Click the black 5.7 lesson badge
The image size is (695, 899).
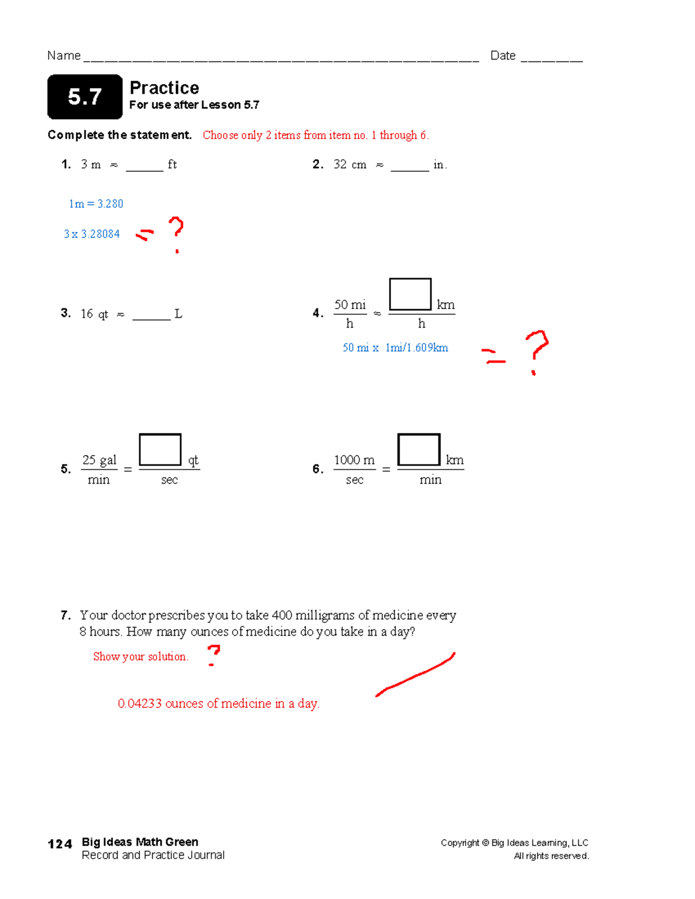(x=85, y=97)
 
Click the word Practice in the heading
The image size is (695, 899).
(x=164, y=88)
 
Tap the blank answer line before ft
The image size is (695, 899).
(x=144, y=169)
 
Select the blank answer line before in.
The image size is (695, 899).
(x=409, y=169)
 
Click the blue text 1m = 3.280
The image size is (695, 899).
(x=96, y=204)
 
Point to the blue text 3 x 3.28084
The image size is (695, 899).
(x=92, y=234)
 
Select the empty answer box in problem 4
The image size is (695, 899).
(x=410, y=294)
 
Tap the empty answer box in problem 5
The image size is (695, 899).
(x=160, y=449)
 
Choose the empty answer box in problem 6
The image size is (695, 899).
(x=419, y=449)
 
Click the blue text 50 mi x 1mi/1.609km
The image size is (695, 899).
(x=395, y=348)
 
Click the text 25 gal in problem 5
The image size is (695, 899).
(x=99, y=460)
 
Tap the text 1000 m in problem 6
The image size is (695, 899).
(x=354, y=460)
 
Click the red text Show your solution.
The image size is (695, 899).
(x=140, y=656)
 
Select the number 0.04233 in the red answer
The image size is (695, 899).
(x=140, y=704)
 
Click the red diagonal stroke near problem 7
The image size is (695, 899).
(x=416, y=675)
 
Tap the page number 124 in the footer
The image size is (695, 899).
(x=60, y=844)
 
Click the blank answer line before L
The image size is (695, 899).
(x=151, y=318)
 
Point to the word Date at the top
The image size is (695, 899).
(x=503, y=56)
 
